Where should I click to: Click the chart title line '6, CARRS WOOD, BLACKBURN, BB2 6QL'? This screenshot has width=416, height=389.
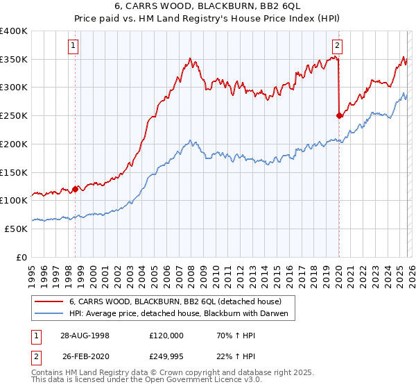[208, 8]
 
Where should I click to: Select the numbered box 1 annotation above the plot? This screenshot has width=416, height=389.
[73, 47]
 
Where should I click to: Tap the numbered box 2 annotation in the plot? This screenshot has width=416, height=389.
[337, 47]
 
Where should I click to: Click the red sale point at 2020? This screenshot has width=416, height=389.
[339, 116]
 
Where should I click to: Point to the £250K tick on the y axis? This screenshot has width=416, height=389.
[14, 115]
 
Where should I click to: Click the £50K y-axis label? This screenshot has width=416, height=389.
[16, 228]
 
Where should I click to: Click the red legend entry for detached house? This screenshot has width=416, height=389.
[175, 302]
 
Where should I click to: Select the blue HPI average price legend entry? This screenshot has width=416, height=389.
[182, 314]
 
